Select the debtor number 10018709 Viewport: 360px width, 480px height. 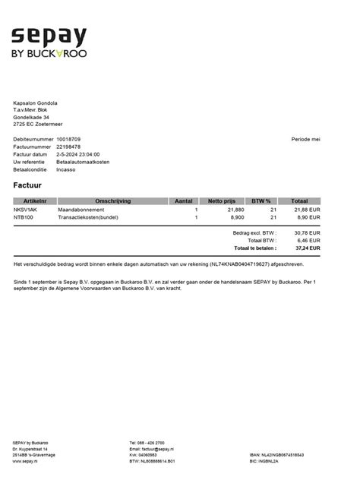coord(68,140)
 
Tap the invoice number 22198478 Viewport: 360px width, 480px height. coord(68,147)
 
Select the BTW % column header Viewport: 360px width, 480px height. coord(261,201)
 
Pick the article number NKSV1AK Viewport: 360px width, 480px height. coord(25,210)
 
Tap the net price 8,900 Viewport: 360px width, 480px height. coord(237,217)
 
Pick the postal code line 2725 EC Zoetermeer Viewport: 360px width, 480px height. coord(39,124)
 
